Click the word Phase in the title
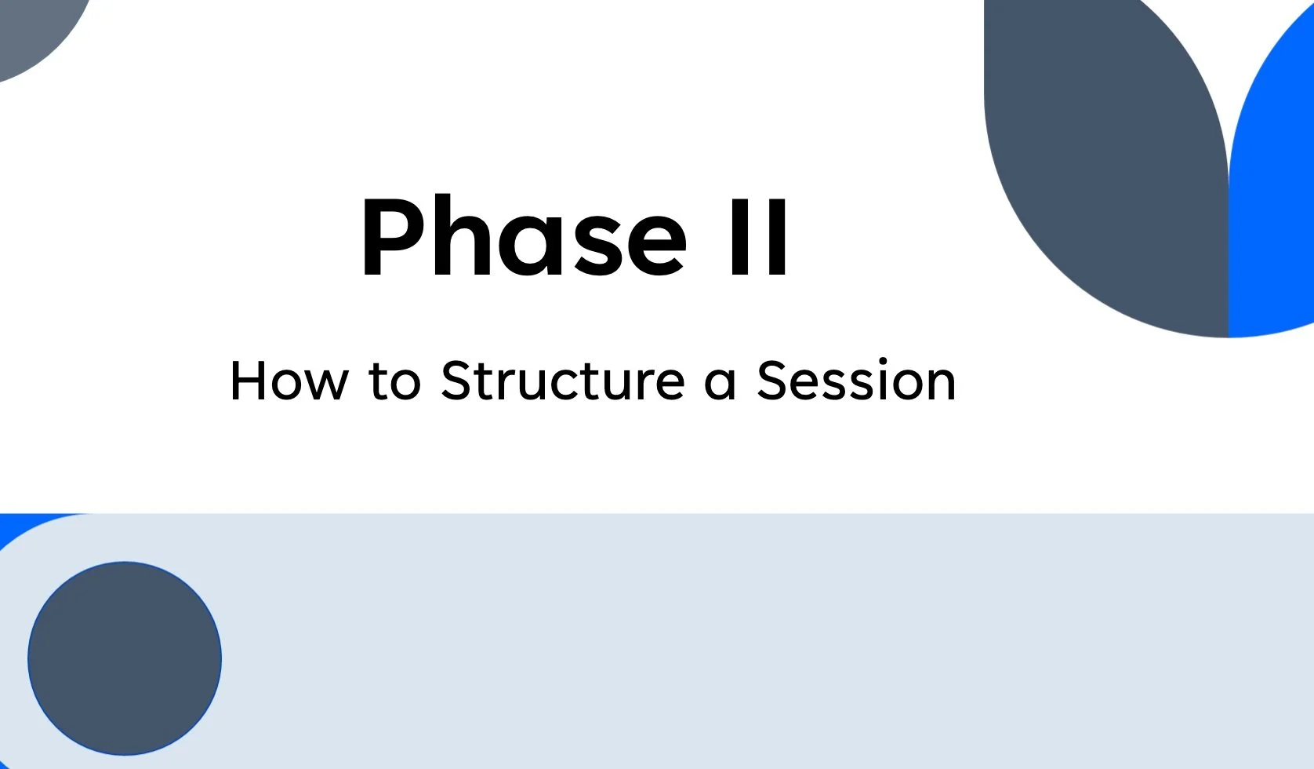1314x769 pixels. [523, 238]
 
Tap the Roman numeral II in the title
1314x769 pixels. [758, 238]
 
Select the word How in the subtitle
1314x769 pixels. [288, 381]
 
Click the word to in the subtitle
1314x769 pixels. [394, 381]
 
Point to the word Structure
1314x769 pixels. [563, 381]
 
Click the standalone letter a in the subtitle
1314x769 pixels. [720, 383]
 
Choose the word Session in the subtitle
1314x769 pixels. [856, 381]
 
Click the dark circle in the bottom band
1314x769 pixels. [125, 658]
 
